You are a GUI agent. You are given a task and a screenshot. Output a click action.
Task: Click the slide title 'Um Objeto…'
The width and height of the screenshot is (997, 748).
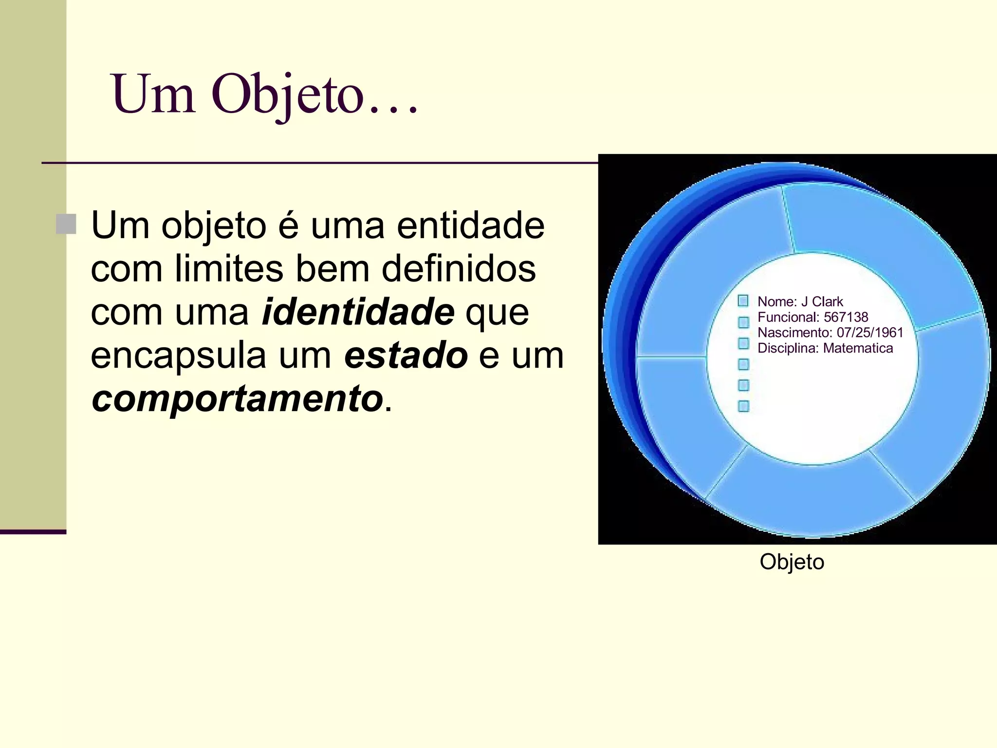tap(264, 94)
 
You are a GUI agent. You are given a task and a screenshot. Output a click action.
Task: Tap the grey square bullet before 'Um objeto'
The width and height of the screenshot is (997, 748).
tap(66, 224)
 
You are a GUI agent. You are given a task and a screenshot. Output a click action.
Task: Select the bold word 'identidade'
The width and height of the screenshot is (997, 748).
tap(358, 312)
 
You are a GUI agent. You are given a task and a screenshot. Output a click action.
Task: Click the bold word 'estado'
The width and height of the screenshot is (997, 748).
tap(406, 355)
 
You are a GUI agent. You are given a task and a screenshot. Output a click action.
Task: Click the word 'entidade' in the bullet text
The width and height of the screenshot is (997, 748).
tap(470, 225)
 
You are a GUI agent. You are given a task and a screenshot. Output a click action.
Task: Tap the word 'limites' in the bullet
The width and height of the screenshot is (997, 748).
tap(229, 269)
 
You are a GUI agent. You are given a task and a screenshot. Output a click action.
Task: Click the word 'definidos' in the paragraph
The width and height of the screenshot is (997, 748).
tap(459, 269)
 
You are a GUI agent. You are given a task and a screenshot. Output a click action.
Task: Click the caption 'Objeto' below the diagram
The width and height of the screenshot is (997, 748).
tap(792, 562)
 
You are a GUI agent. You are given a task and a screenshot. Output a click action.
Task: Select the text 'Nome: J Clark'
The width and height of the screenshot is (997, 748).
tap(800, 301)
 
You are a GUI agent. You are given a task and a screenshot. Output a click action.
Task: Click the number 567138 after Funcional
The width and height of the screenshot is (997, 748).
tap(846, 317)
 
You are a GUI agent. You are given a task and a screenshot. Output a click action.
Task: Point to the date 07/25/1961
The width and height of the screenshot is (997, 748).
tap(869, 333)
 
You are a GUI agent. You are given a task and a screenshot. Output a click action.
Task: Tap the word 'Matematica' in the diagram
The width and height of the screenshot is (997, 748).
tap(858, 348)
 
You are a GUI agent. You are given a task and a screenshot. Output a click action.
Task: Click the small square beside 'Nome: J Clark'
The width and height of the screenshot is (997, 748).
tap(743, 301)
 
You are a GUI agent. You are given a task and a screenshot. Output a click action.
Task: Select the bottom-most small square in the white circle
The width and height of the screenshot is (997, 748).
tap(743, 406)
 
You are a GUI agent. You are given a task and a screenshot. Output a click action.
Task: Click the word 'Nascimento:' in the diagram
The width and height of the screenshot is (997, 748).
tap(794, 333)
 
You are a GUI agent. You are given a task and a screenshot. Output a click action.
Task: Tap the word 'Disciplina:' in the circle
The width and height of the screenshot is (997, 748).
tap(788, 348)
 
